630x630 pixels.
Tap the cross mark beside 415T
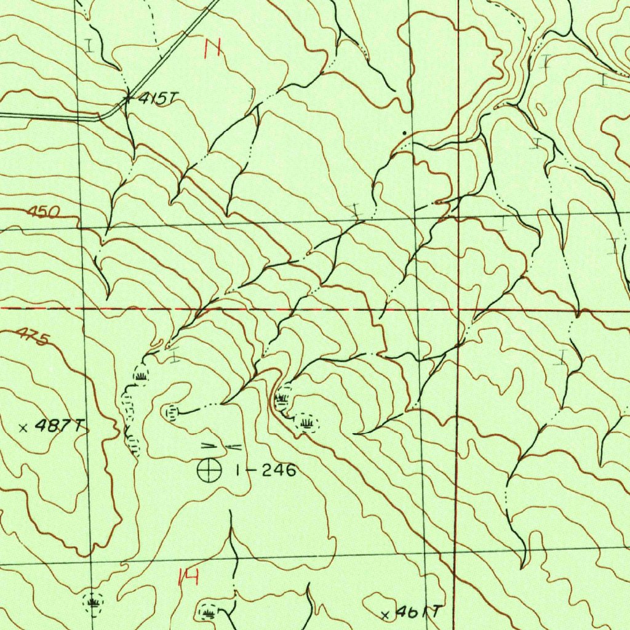(127, 97)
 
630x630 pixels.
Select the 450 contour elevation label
(44, 213)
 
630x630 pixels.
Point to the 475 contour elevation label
(31, 337)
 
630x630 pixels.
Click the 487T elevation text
(59, 426)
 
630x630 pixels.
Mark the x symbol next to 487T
(23, 428)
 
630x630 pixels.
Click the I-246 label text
(266, 471)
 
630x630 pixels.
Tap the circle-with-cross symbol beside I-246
(209, 471)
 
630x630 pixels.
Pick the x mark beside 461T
(386, 615)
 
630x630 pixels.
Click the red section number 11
(213, 47)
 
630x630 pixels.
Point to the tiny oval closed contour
(541, 108)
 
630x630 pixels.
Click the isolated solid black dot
(404, 132)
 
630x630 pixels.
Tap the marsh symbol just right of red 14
(209, 612)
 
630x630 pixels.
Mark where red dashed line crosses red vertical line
(458, 309)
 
